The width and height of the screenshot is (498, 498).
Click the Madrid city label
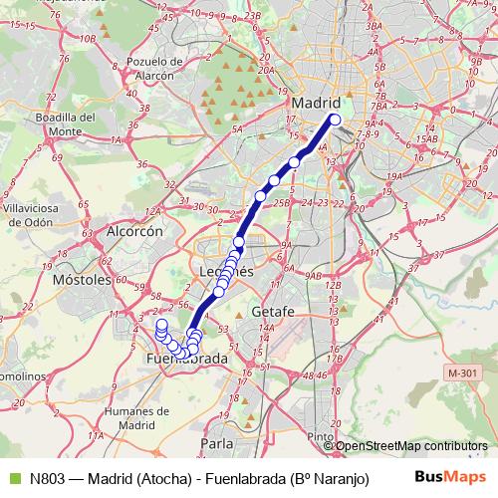[317, 103]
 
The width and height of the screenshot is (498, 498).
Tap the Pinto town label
[321, 436]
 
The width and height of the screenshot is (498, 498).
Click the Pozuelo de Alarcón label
[151, 68]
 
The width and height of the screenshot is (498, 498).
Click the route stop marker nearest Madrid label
[335, 120]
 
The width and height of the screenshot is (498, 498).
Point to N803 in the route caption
[49, 478]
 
